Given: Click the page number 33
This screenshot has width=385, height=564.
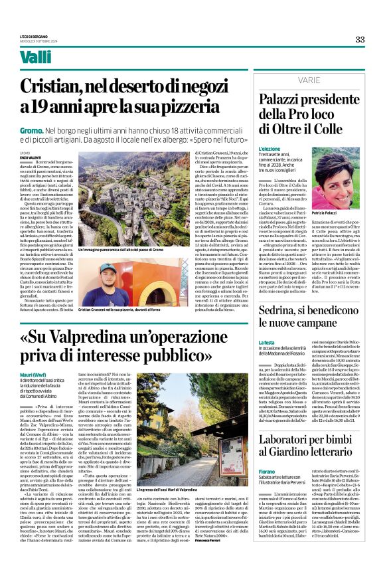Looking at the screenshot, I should [360, 39].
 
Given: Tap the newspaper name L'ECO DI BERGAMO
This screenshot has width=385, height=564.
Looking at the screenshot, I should [37, 37].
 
